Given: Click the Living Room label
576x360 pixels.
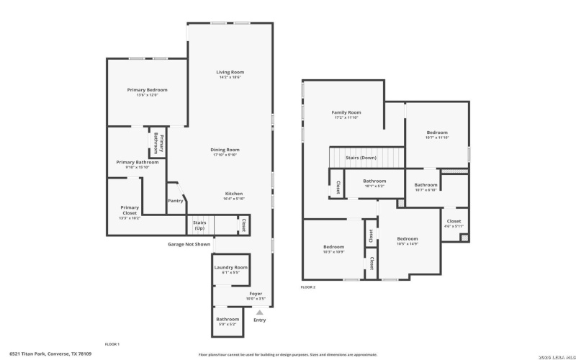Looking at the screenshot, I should (x=230, y=72).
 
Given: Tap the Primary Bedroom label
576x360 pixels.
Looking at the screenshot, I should (x=147, y=90).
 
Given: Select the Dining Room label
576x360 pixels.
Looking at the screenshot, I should (x=225, y=150).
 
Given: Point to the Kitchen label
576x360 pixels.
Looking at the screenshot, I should (x=233, y=194).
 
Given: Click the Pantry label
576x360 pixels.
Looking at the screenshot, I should (x=175, y=201).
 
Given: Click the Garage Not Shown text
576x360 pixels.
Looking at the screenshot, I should (x=189, y=244).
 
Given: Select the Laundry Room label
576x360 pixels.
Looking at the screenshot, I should (x=230, y=267).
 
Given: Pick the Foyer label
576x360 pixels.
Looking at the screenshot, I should (x=256, y=293).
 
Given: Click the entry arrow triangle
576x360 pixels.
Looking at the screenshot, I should (x=259, y=312).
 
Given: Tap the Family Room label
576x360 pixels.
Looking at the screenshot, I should (x=346, y=112).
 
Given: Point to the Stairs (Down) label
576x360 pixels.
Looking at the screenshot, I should (x=361, y=157).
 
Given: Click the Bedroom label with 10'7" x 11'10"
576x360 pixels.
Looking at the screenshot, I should (x=437, y=132).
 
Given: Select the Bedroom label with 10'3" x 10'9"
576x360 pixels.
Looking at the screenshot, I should (x=333, y=247).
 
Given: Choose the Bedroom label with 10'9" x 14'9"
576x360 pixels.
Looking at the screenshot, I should (x=408, y=238).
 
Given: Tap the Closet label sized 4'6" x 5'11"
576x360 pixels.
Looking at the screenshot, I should (x=454, y=222).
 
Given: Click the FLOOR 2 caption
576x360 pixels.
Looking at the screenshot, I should (x=308, y=287).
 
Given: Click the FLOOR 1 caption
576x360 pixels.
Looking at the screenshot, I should (x=112, y=343).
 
